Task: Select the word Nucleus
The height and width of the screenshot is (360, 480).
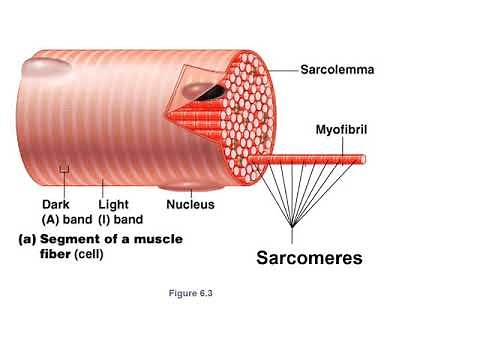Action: (190, 205)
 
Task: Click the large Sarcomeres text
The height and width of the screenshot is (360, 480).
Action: (309, 259)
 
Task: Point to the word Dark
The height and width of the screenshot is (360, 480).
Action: (57, 205)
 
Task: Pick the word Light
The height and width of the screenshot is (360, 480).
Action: (113, 205)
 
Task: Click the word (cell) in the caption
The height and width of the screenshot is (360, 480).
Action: (89, 254)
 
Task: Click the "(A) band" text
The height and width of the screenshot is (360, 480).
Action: (65, 219)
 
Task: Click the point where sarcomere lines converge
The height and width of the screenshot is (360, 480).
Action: (291, 229)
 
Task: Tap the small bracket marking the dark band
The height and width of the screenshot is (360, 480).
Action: (64, 170)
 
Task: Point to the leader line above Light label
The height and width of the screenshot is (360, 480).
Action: (103, 185)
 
